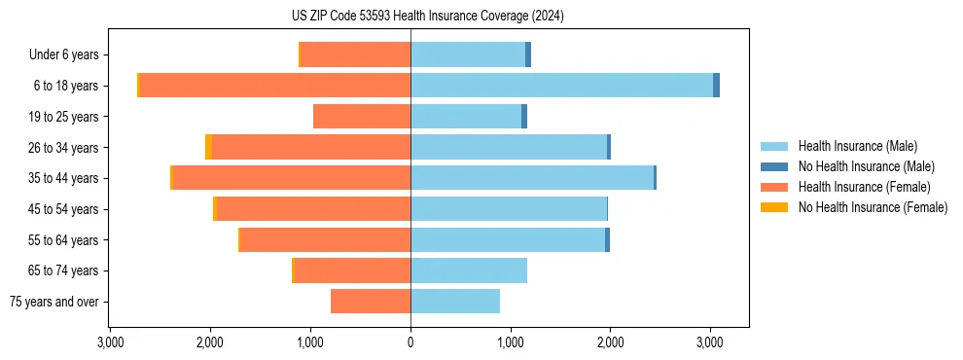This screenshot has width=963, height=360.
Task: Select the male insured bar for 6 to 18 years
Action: click(x=561, y=86)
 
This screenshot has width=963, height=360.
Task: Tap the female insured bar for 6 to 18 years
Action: click(x=275, y=86)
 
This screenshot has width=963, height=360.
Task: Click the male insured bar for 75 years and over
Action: click(x=455, y=302)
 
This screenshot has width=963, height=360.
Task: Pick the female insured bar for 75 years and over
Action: click(x=371, y=302)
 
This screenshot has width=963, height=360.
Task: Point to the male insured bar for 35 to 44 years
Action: click(x=532, y=178)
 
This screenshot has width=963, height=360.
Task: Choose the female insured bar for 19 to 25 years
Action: click(x=362, y=117)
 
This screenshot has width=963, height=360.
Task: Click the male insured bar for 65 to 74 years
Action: click(x=469, y=270)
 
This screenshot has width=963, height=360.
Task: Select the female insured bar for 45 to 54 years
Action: click(x=313, y=209)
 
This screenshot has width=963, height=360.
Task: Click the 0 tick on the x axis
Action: click(x=410, y=342)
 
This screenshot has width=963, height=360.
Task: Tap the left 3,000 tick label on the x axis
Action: click(x=111, y=342)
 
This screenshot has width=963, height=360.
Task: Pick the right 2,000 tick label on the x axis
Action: click(x=610, y=342)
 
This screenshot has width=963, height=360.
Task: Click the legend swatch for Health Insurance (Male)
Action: click(x=775, y=146)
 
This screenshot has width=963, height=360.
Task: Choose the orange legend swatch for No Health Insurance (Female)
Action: click(x=775, y=207)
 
